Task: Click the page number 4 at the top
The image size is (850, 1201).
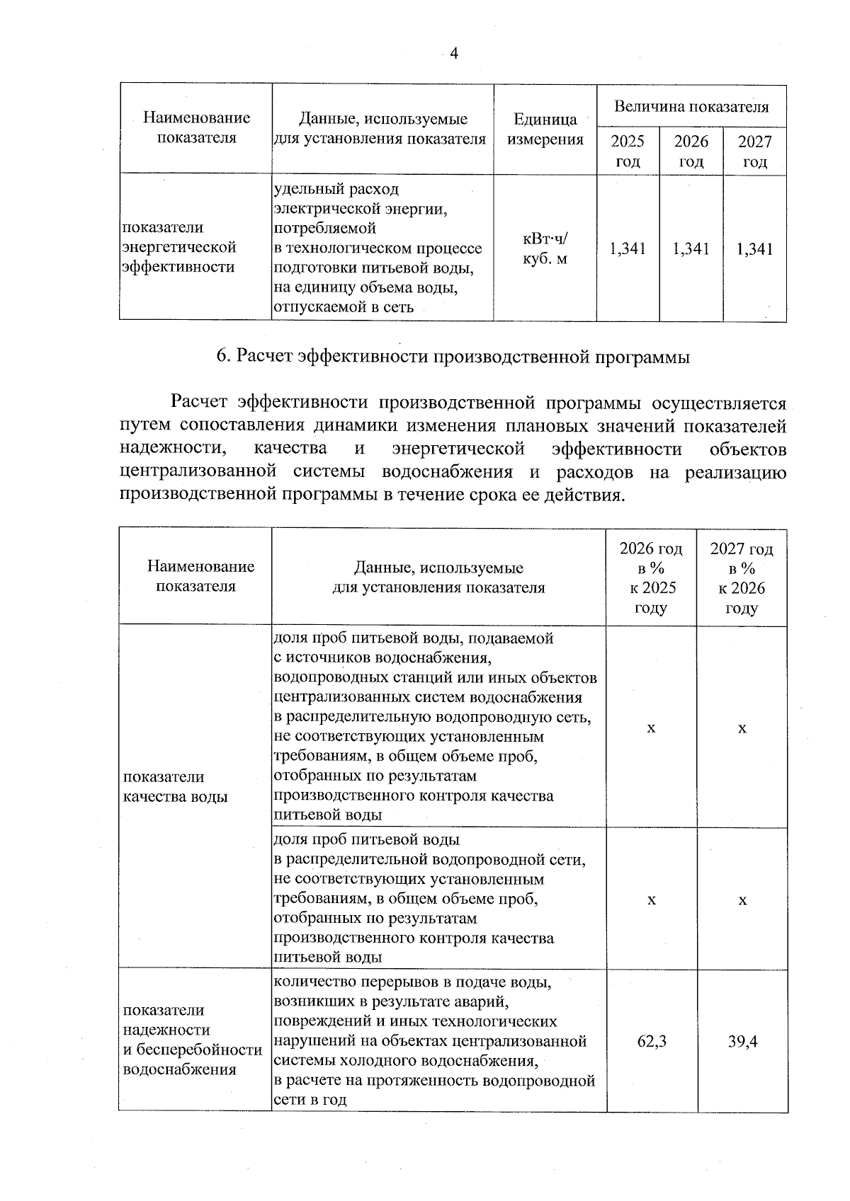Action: (454, 54)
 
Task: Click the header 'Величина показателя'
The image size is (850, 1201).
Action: (691, 107)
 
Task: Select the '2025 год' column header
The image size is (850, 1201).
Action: (628, 151)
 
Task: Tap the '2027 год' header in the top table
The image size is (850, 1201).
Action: (755, 151)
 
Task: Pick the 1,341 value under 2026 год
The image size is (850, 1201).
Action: (691, 248)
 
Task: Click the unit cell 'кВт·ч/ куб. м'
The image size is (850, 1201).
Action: (545, 249)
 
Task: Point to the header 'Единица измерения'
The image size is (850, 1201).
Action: (545, 129)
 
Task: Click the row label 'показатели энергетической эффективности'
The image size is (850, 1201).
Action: (179, 247)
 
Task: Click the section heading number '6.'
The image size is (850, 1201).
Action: (222, 357)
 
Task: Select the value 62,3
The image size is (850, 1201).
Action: (651, 1041)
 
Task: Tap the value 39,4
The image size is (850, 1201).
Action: (742, 1041)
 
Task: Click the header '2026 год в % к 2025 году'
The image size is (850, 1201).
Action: (651, 577)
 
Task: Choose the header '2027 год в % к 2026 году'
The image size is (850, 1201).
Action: (742, 577)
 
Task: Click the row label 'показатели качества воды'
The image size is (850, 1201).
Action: (176, 786)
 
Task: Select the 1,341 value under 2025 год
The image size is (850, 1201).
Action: (628, 248)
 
